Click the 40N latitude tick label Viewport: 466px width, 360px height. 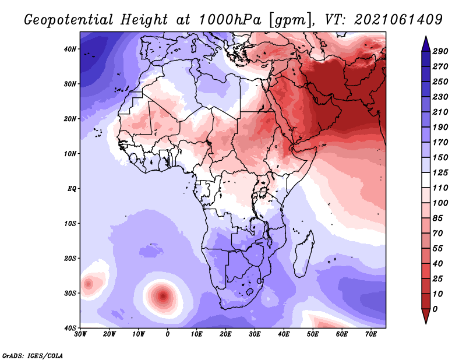click(70, 49)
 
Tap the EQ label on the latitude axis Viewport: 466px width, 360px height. click(72, 189)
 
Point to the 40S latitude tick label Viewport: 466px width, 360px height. click(70, 328)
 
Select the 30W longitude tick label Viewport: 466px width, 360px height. click(80, 334)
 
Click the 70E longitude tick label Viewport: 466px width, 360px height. click(371, 334)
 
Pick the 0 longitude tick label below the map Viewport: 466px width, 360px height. click(168, 334)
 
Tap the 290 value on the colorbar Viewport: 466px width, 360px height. click(440, 51)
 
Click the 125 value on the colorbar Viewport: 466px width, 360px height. click(440, 172)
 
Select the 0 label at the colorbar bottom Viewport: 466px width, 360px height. click(435, 309)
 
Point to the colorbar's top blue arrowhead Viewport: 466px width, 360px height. click(426, 44)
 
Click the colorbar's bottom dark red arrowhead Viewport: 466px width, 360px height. click(426, 316)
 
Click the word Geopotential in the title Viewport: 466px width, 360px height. click(69, 20)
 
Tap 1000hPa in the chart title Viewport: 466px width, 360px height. click(230, 20)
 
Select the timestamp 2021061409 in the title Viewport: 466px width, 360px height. click(398, 20)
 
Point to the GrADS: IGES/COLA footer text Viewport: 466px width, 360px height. click(33, 356)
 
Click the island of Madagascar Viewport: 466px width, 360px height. click(303, 254)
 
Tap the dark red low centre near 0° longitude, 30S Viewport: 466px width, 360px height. click(163, 296)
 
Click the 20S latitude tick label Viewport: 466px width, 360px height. click(70, 258)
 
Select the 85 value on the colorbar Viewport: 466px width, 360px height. click(437, 218)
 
